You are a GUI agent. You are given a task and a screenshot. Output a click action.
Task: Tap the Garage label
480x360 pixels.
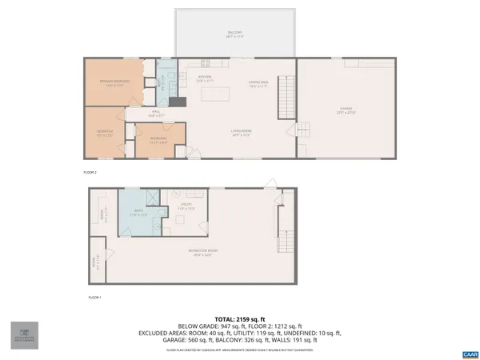pos(346,110)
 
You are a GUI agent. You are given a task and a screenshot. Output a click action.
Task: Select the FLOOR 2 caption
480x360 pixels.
pos(90,172)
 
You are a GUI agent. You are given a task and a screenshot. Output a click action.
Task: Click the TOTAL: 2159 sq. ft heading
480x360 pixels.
pos(239,318)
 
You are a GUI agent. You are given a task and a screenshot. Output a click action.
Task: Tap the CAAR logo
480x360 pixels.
pos(469,352)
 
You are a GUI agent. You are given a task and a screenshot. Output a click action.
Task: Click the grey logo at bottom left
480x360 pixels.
pos(23,336)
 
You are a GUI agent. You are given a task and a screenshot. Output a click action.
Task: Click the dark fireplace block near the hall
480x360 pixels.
pos(182,102)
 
